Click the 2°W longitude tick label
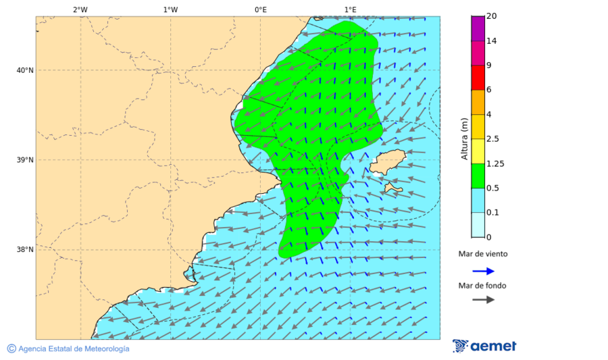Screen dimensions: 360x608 80,9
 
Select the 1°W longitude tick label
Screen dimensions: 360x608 170,9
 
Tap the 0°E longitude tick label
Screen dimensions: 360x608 260,9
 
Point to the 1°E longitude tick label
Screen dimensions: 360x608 350,9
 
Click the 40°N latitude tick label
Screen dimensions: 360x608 24,70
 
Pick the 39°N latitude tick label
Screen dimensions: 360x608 24,160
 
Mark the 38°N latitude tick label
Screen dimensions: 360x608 24,250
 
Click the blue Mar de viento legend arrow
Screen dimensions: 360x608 483,271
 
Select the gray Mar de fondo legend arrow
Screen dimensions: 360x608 483,300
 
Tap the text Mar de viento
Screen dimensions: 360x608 482,255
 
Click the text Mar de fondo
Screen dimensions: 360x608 482,286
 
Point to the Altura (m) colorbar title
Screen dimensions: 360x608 464,138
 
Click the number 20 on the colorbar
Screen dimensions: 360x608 492,16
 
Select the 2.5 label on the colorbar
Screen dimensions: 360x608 493,139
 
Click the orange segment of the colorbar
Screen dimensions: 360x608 478,102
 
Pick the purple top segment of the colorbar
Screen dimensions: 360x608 478,28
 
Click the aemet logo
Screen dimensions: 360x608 484,346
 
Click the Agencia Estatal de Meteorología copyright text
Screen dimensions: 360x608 68,349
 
